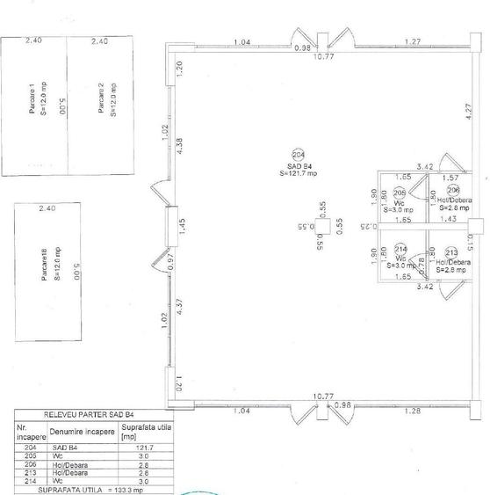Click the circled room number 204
pos(298,153)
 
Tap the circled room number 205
pos(400,193)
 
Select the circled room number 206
pos(453,189)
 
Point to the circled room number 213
pos(451,252)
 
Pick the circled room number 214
pos(400,248)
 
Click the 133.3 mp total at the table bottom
pos(124,489)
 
